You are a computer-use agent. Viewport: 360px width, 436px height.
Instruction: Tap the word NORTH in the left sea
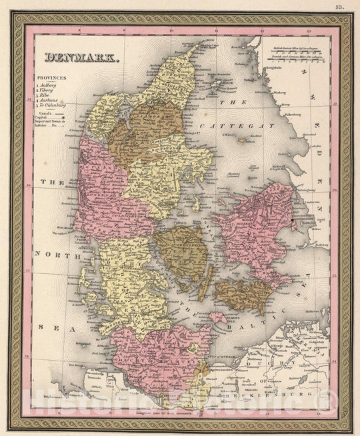coord(48,254)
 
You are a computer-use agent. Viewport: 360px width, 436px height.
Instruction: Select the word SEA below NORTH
coord(47,327)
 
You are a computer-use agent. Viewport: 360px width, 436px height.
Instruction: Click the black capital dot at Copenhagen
coord(293,219)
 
